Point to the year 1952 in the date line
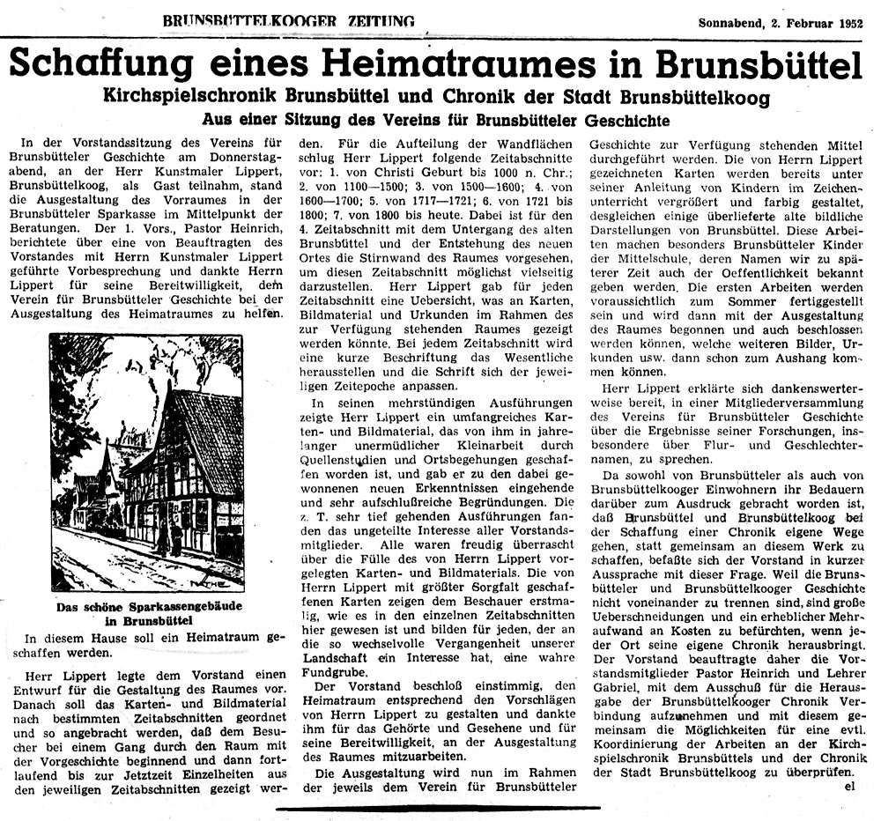pos(852,21)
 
